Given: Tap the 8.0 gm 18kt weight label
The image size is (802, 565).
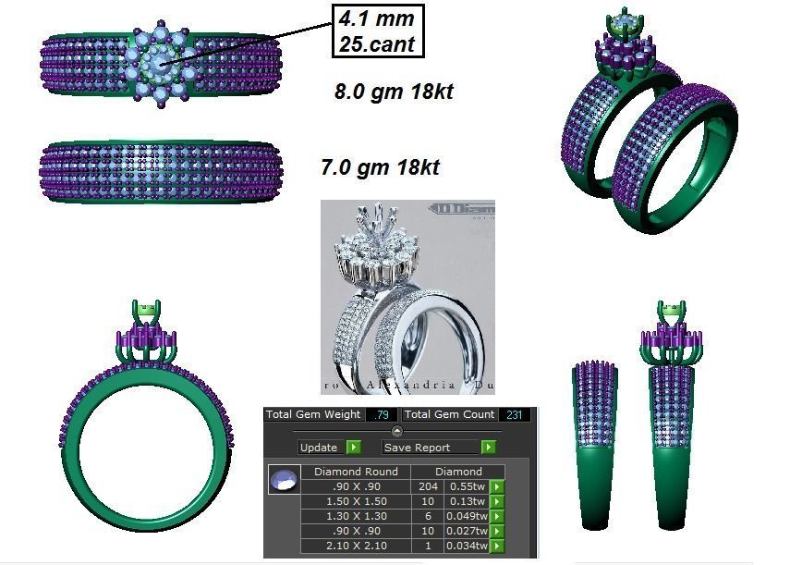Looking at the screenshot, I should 393,92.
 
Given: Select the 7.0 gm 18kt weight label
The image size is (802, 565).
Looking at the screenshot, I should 380,168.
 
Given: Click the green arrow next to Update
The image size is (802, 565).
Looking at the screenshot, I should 353,448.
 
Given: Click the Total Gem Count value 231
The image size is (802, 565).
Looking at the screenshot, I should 516,414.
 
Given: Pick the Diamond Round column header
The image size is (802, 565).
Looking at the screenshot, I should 356,472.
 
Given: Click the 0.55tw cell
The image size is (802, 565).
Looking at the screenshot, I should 466,486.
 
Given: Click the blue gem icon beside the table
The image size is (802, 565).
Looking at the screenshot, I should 284,480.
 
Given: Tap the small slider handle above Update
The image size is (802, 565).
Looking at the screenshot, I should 397,431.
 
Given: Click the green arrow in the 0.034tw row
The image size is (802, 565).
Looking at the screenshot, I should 497,546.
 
